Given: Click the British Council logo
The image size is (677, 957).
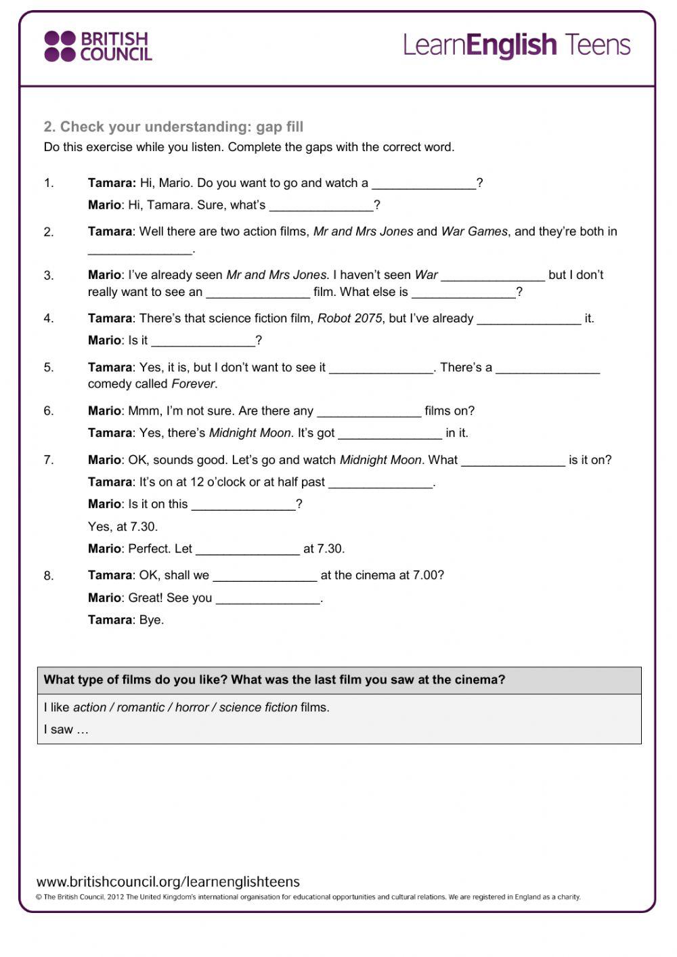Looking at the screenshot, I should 98,46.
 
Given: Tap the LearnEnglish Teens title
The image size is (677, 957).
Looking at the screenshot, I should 517,45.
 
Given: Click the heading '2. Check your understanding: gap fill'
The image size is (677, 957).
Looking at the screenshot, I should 173,127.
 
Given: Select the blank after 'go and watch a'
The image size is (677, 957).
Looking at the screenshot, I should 424,184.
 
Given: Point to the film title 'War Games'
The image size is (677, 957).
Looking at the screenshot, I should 474,232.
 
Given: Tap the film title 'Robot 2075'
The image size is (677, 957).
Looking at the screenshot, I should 349,318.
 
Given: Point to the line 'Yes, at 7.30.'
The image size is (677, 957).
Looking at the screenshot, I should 123,527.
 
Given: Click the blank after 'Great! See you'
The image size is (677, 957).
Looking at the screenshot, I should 268,599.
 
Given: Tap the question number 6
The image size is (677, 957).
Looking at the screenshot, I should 49,411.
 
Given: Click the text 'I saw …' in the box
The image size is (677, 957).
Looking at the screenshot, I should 66,729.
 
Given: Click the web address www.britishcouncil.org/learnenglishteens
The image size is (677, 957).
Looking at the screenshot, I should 168,882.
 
